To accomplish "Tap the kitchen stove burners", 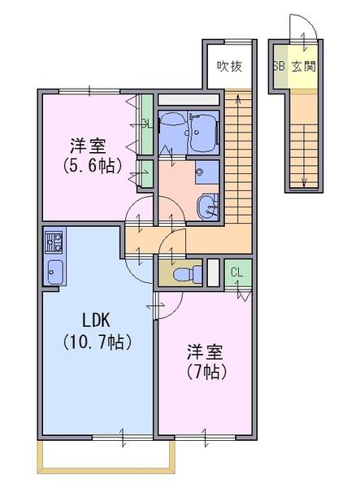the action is [x=54, y=242].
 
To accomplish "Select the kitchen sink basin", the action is [x=55, y=272].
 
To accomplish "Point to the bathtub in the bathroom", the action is [x=204, y=133].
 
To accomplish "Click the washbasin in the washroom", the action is [x=207, y=207].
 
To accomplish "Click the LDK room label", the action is [x=96, y=320].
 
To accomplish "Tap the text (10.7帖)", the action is [x=98, y=342].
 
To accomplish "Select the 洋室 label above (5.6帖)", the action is [x=88, y=146].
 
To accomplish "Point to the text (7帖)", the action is [x=206, y=371].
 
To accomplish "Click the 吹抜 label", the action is [x=229, y=67].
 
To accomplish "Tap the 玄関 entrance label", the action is [x=303, y=67].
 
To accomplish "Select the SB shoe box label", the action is [x=279, y=67].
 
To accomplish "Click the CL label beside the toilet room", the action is [x=236, y=273].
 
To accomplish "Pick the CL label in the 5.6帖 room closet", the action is [x=147, y=124].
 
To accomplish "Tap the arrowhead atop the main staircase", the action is [x=238, y=98].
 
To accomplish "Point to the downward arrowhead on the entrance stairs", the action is [x=304, y=183].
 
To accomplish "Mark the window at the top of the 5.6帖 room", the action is [x=89, y=91].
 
